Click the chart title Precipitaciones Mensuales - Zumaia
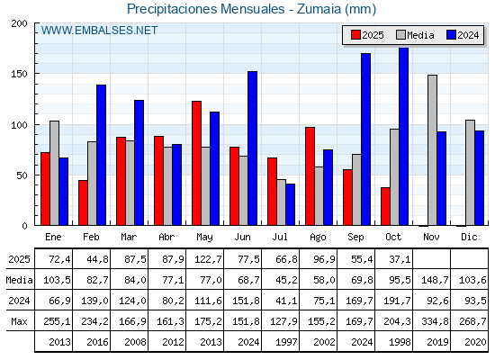click(x=251, y=9)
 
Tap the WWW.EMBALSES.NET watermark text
click(x=99, y=31)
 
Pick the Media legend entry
click(x=413, y=35)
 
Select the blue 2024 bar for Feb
click(x=102, y=155)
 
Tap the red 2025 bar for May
click(x=196, y=163)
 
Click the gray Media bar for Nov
click(x=432, y=149)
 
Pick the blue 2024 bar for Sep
click(x=365, y=139)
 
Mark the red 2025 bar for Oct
click(x=385, y=206)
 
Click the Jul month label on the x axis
click(x=282, y=237)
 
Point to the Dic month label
click(x=470, y=237)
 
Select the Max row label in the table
click(x=18, y=320)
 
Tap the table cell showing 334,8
click(x=433, y=320)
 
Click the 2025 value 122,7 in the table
click(x=206, y=260)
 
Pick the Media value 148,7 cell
click(x=433, y=280)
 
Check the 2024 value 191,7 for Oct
click(x=395, y=301)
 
